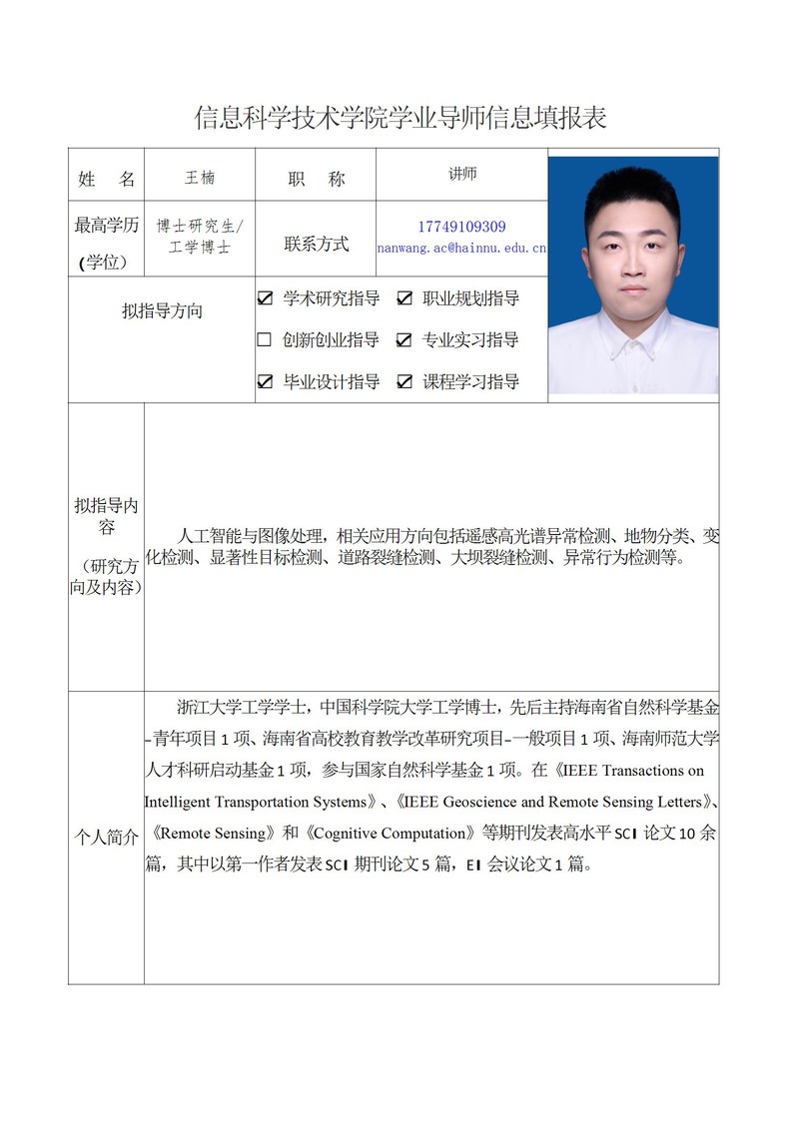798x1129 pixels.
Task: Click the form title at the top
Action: [x=399, y=118]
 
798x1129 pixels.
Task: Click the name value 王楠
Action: [x=200, y=178]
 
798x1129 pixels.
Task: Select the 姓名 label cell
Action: [x=106, y=179]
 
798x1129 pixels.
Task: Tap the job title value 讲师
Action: [x=462, y=174]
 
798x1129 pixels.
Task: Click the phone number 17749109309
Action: [x=461, y=227]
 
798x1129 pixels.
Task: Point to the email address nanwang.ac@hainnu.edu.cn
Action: [x=461, y=247]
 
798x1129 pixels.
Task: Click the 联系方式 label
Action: [x=316, y=244]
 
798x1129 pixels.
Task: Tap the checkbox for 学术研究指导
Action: [x=265, y=297]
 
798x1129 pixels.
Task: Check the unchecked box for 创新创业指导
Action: [x=265, y=339]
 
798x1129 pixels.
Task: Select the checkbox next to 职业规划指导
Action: [x=404, y=297]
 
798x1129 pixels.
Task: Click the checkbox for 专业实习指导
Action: [x=404, y=339]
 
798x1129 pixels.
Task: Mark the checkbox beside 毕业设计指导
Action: [x=265, y=381]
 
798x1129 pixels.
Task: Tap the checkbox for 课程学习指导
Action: [x=404, y=381]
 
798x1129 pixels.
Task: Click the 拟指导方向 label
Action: [x=162, y=310]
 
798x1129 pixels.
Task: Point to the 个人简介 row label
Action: [x=106, y=838]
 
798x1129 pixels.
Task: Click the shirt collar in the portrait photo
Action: [x=633, y=344]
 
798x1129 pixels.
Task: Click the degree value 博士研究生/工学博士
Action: [x=200, y=237]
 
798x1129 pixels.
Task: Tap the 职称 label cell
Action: [x=316, y=179]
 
